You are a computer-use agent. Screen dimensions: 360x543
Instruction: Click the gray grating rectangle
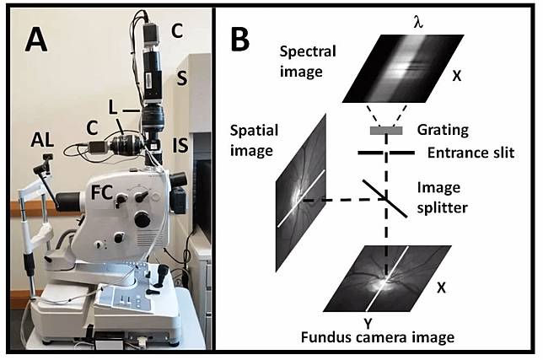386,132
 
